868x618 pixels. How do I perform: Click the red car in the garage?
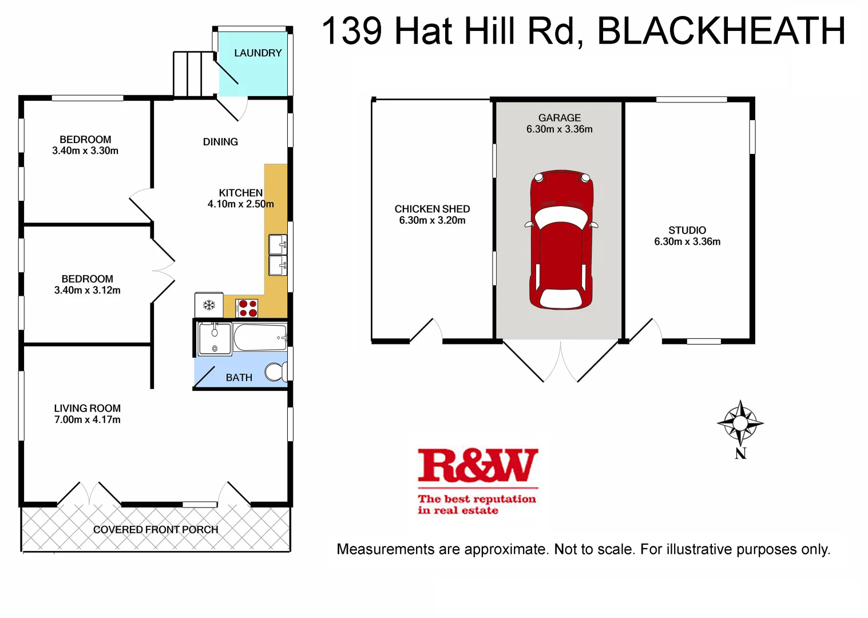point(561,240)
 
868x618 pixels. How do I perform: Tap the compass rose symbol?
point(740,423)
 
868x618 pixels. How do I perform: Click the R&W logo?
point(477,466)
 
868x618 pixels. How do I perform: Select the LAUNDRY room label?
point(258,53)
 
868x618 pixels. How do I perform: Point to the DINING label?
point(220,142)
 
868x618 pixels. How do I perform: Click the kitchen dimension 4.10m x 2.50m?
point(240,204)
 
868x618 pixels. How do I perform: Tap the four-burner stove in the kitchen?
point(247,308)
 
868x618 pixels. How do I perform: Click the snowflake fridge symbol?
point(209,305)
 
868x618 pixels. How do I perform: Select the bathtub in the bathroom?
point(260,338)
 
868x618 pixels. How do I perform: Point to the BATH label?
point(239,378)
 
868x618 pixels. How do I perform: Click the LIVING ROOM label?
point(88,409)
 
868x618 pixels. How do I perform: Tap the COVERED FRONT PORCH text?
point(156,530)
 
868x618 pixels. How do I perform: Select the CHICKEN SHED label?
point(432,209)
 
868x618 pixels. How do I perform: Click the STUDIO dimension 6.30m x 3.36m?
point(687,242)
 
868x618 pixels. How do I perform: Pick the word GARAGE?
point(559,118)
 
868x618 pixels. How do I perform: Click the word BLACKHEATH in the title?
point(721,31)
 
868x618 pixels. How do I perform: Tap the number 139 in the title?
point(352,31)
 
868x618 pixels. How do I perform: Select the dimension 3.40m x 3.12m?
point(88,291)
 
